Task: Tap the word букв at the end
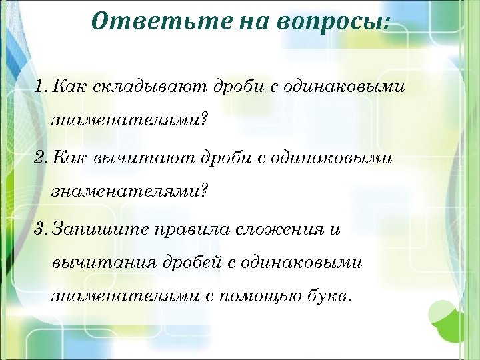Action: click(x=327, y=295)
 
